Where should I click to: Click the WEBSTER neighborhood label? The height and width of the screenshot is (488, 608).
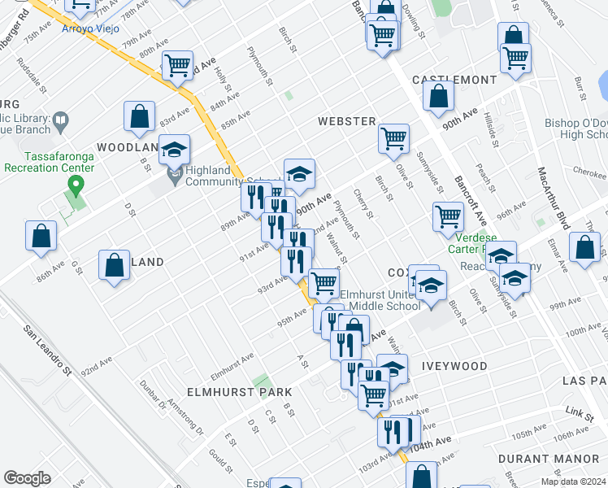click(346, 121)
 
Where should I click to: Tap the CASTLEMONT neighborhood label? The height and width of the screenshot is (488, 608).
click(454, 80)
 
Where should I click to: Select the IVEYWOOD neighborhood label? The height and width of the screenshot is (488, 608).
click(454, 367)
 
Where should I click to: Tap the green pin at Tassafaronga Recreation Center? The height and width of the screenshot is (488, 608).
click(76, 186)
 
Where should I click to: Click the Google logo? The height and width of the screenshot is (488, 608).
click(27, 478)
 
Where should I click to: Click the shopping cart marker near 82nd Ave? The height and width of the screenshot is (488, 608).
click(177, 65)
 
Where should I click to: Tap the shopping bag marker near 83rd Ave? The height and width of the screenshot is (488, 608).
click(139, 116)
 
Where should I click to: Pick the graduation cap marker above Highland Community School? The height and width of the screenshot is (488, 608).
click(175, 149)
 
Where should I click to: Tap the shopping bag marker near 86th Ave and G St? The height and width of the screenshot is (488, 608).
click(41, 237)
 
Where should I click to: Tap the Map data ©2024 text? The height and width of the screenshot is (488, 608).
click(571, 481)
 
